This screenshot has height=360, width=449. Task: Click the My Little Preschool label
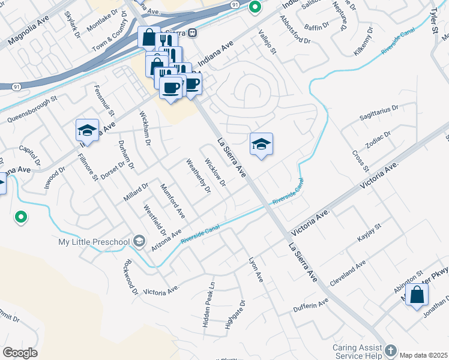pyautogui.click(x=94, y=242)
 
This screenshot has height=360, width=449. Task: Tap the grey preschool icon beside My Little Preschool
pyautogui.click(x=139, y=241)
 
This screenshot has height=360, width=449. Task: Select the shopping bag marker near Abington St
pyautogui.click(x=417, y=295)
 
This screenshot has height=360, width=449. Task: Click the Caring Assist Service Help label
pyautogui.click(x=359, y=351)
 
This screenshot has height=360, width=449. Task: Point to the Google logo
pyautogui.click(x=20, y=353)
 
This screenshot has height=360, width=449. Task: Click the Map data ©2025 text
pyautogui.click(x=424, y=355)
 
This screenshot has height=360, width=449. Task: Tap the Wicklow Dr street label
pyautogui.click(x=215, y=172)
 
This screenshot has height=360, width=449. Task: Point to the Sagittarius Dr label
pyautogui.click(x=379, y=111)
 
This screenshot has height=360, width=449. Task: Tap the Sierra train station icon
pyautogui.click(x=193, y=33)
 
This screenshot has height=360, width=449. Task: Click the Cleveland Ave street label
pyautogui.click(x=348, y=273)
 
